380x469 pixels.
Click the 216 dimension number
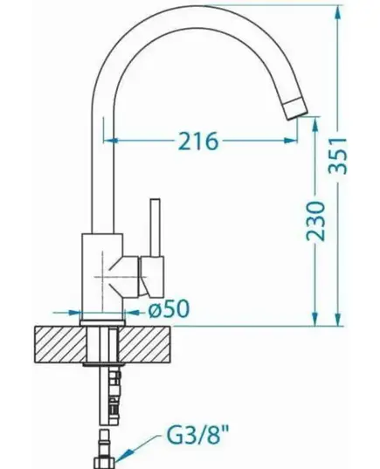(x=198, y=141)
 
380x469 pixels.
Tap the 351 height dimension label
(x=337, y=155)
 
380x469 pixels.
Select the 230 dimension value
(x=315, y=221)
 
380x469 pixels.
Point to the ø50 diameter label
(x=169, y=308)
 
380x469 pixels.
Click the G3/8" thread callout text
(x=197, y=436)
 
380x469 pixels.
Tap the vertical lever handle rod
(x=155, y=227)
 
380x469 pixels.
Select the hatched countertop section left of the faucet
(x=60, y=344)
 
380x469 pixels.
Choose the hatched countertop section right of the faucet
(x=145, y=344)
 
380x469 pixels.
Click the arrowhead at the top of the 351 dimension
(x=337, y=13)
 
